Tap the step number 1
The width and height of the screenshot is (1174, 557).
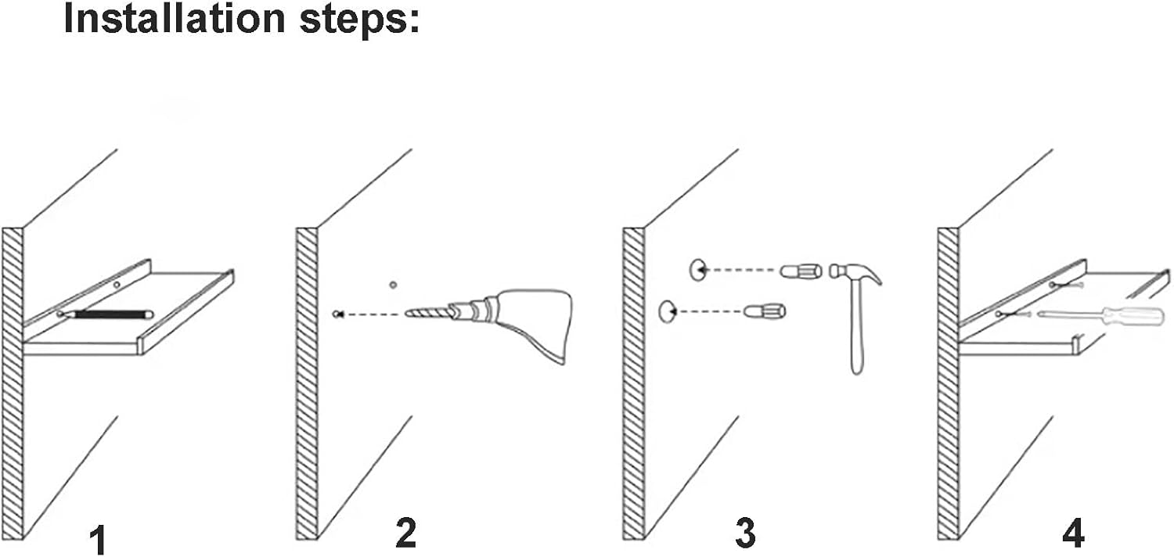click(97, 539)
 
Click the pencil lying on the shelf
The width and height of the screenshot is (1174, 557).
click(110, 314)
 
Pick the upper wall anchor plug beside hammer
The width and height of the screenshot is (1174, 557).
click(799, 271)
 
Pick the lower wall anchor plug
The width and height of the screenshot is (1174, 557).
click(764, 311)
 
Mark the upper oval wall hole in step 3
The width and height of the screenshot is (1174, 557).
click(697, 270)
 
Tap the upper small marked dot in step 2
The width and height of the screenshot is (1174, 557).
click(394, 284)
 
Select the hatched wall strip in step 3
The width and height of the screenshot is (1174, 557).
click(633, 383)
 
